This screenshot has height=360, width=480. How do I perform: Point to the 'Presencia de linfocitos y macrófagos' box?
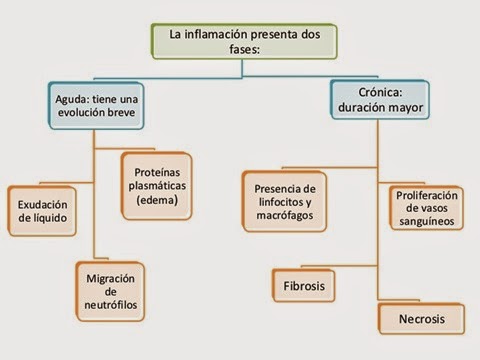tap(285, 201)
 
